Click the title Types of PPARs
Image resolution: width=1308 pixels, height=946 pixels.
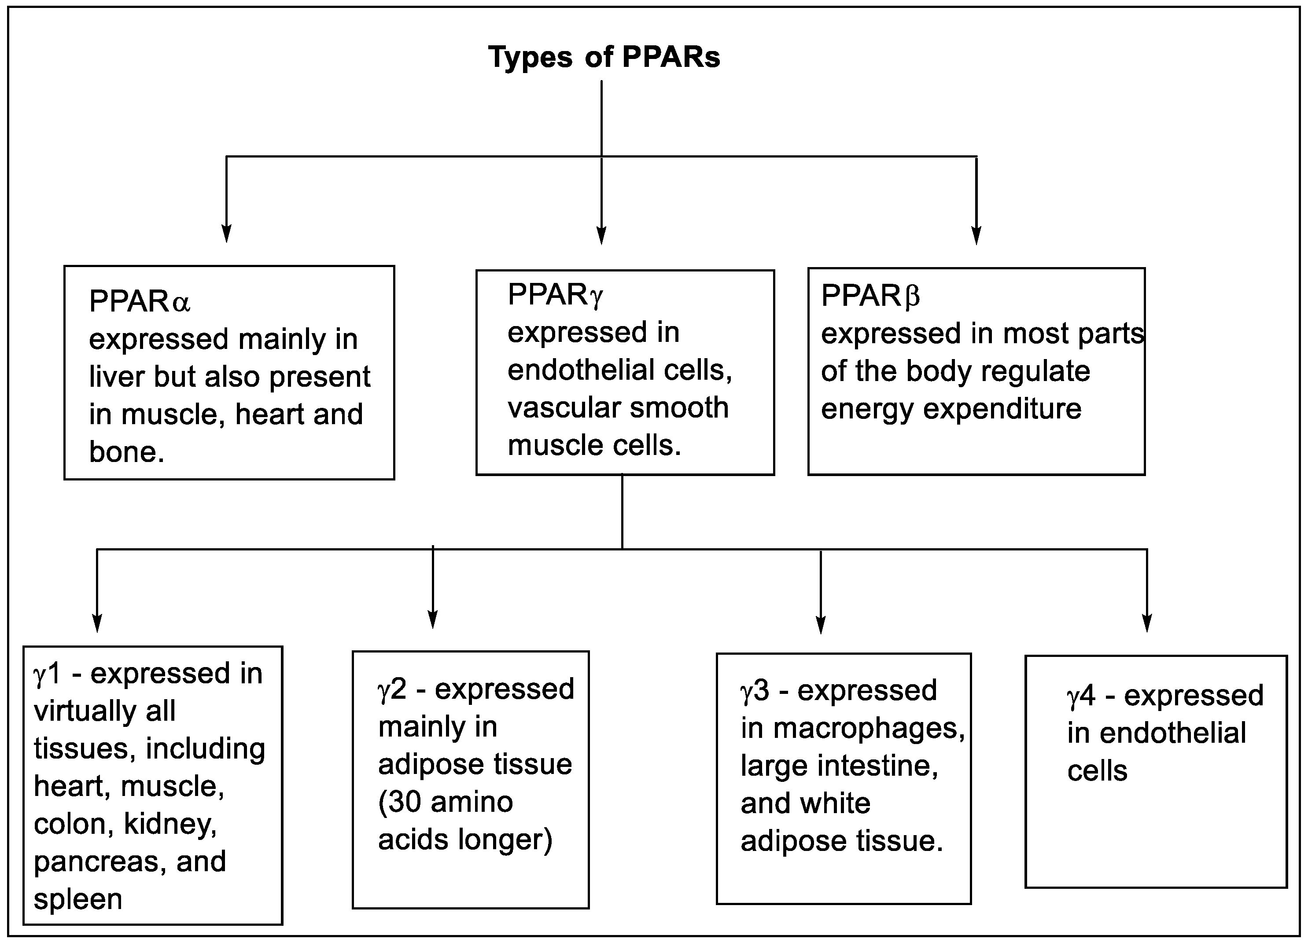point(604,57)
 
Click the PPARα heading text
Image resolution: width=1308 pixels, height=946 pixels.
point(139,301)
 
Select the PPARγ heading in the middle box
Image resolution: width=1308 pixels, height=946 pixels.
point(555,295)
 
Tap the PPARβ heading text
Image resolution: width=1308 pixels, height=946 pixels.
point(870,296)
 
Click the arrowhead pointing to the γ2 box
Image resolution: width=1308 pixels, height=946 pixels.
point(432,619)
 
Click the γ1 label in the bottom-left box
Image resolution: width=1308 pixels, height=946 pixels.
point(47,673)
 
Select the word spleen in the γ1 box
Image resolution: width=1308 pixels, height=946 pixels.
point(78,899)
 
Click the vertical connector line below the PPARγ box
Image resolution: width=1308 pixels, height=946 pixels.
point(622,511)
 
